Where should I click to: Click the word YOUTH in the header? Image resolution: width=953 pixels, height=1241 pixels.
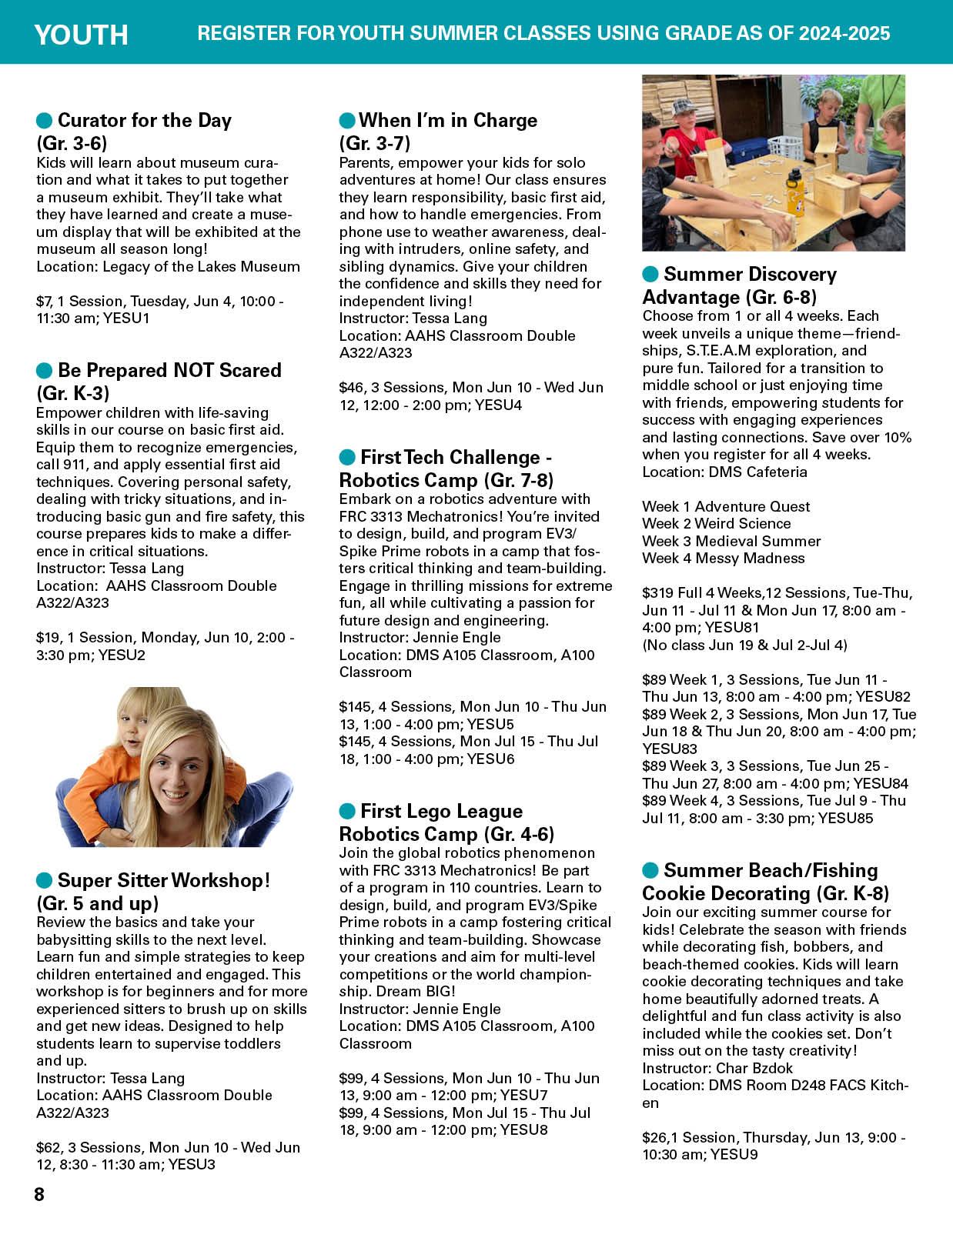[x=81, y=35]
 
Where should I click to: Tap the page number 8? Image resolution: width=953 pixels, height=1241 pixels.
[x=39, y=1195]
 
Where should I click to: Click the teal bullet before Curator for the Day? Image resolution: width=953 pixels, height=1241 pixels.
[x=45, y=120]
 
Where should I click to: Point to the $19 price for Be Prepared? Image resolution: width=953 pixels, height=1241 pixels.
[x=46, y=638]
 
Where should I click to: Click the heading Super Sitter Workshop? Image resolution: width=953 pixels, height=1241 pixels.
[x=164, y=880]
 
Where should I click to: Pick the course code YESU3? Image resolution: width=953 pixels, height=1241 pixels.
[x=192, y=1164]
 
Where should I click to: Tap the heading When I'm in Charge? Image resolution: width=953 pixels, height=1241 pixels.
[x=448, y=120]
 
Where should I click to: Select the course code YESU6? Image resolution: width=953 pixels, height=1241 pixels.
[x=490, y=759]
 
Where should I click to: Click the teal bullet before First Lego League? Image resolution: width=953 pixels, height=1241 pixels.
[x=348, y=811]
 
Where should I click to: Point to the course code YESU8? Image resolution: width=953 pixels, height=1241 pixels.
[x=523, y=1130]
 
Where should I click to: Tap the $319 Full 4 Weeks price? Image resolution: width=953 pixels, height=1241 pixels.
[x=658, y=593]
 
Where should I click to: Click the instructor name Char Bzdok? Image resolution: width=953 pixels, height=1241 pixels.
[x=754, y=1068]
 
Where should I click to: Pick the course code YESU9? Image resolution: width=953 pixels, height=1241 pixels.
[x=734, y=1155]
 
